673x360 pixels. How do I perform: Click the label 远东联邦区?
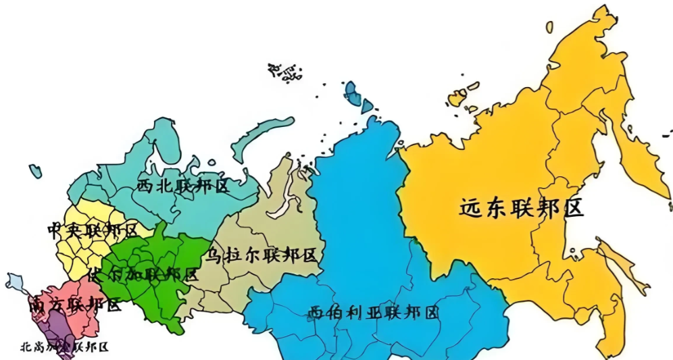pyautogui.click(x=521, y=207)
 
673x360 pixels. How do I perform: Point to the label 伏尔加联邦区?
pyautogui.click(x=143, y=275)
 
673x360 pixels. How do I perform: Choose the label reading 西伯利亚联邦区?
pyautogui.click(x=373, y=313)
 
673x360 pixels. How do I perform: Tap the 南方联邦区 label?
pyautogui.click(x=75, y=305)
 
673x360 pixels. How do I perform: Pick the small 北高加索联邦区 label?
pyautogui.click(x=64, y=348)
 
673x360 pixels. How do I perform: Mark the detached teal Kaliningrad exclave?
pyautogui.click(x=35, y=172)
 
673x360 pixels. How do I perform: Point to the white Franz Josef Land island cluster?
pyautogui.click(x=284, y=72)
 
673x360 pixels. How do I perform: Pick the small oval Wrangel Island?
pyautogui.click(x=549, y=26)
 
